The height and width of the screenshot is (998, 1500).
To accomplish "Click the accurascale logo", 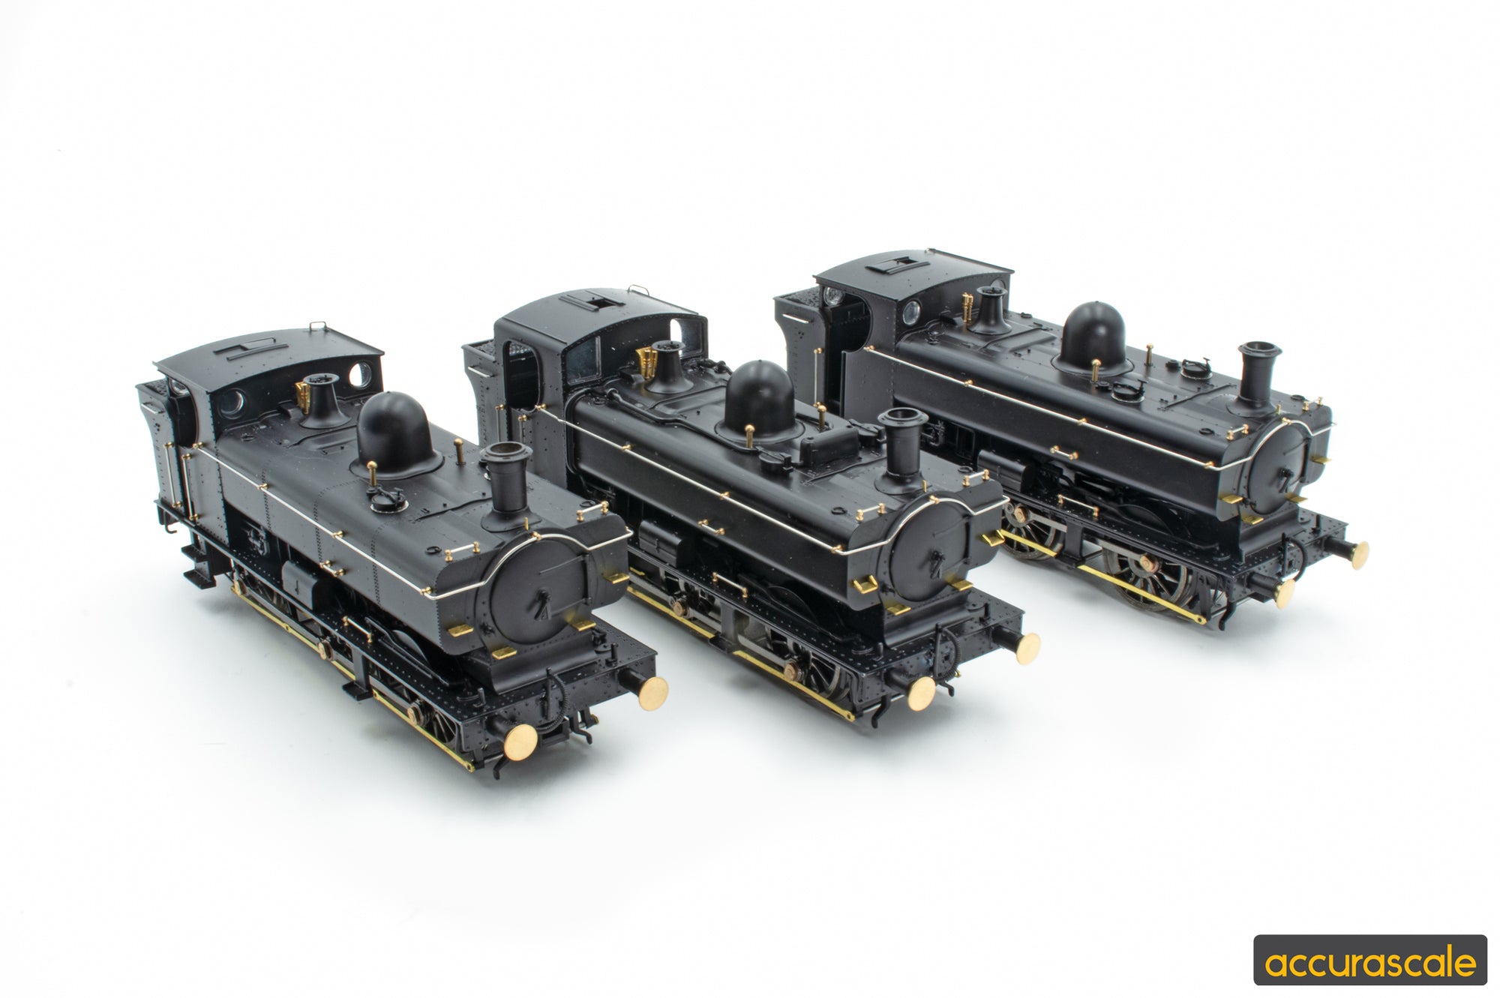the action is tap(1369, 960).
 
